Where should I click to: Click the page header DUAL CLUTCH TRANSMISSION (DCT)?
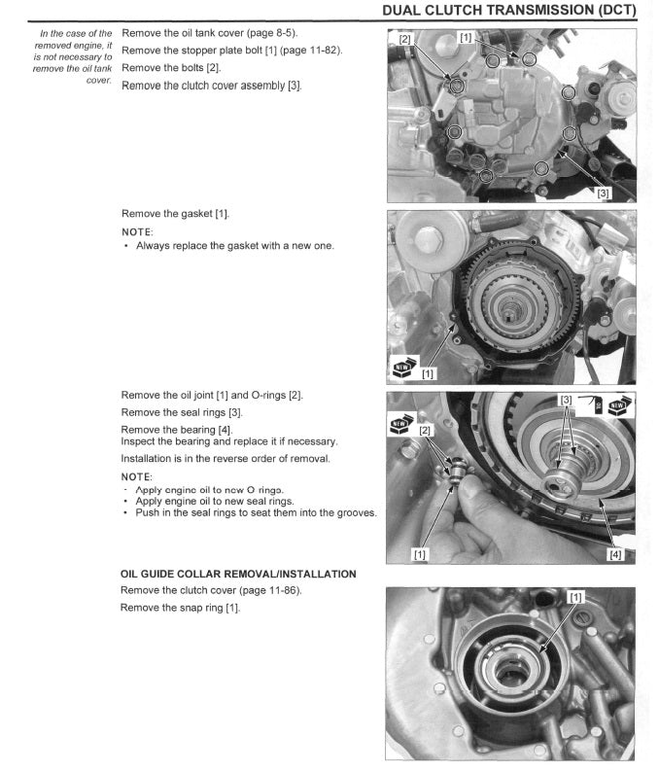(x=509, y=11)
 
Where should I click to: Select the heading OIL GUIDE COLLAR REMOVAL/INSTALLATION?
(x=238, y=574)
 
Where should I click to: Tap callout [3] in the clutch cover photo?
(x=604, y=193)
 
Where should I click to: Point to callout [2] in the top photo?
(x=405, y=40)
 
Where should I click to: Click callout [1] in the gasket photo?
(x=429, y=371)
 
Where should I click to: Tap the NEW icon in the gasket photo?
(x=404, y=368)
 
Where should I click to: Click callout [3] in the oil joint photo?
(x=565, y=400)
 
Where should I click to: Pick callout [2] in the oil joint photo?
(x=425, y=429)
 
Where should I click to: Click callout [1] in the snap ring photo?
(x=575, y=596)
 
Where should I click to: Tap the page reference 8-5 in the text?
(x=277, y=34)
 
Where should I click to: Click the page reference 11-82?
(x=320, y=50)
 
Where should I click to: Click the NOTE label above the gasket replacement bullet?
(x=137, y=231)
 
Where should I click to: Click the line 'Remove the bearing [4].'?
(x=176, y=429)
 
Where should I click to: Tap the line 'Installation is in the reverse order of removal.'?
(x=225, y=457)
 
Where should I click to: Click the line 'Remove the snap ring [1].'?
(x=180, y=608)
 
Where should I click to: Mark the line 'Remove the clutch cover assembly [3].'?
(x=211, y=86)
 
